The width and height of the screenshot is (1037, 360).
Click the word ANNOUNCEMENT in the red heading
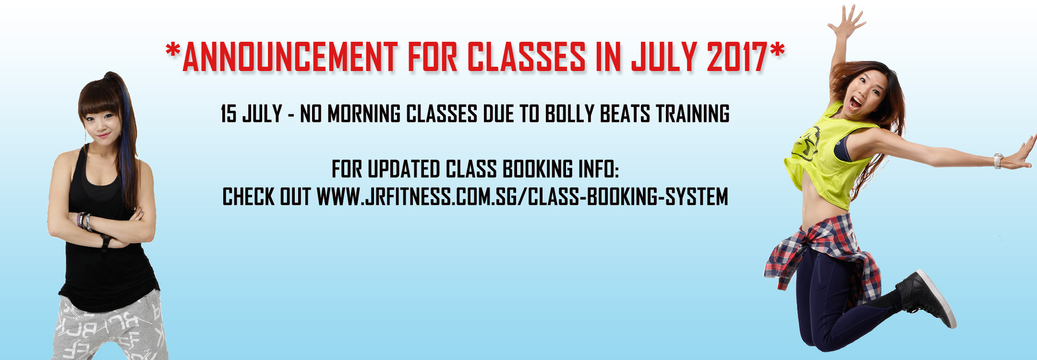pyautogui.click(x=290, y=57)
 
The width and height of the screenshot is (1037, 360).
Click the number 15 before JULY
pyautogui.click(x=229, y=114)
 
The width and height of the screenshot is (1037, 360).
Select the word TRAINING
pyautogui.click(x=693, y=114)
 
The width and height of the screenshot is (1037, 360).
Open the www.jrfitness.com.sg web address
pyautogui.click(x=522, y=197)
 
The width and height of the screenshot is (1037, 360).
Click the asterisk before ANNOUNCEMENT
pyautogui.click(x=172, y=49)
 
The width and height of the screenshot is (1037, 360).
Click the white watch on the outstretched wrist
pyautogui.click(x=999, y=161)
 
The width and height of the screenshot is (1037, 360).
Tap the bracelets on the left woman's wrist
pyautogui.click(x=84, y=221)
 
